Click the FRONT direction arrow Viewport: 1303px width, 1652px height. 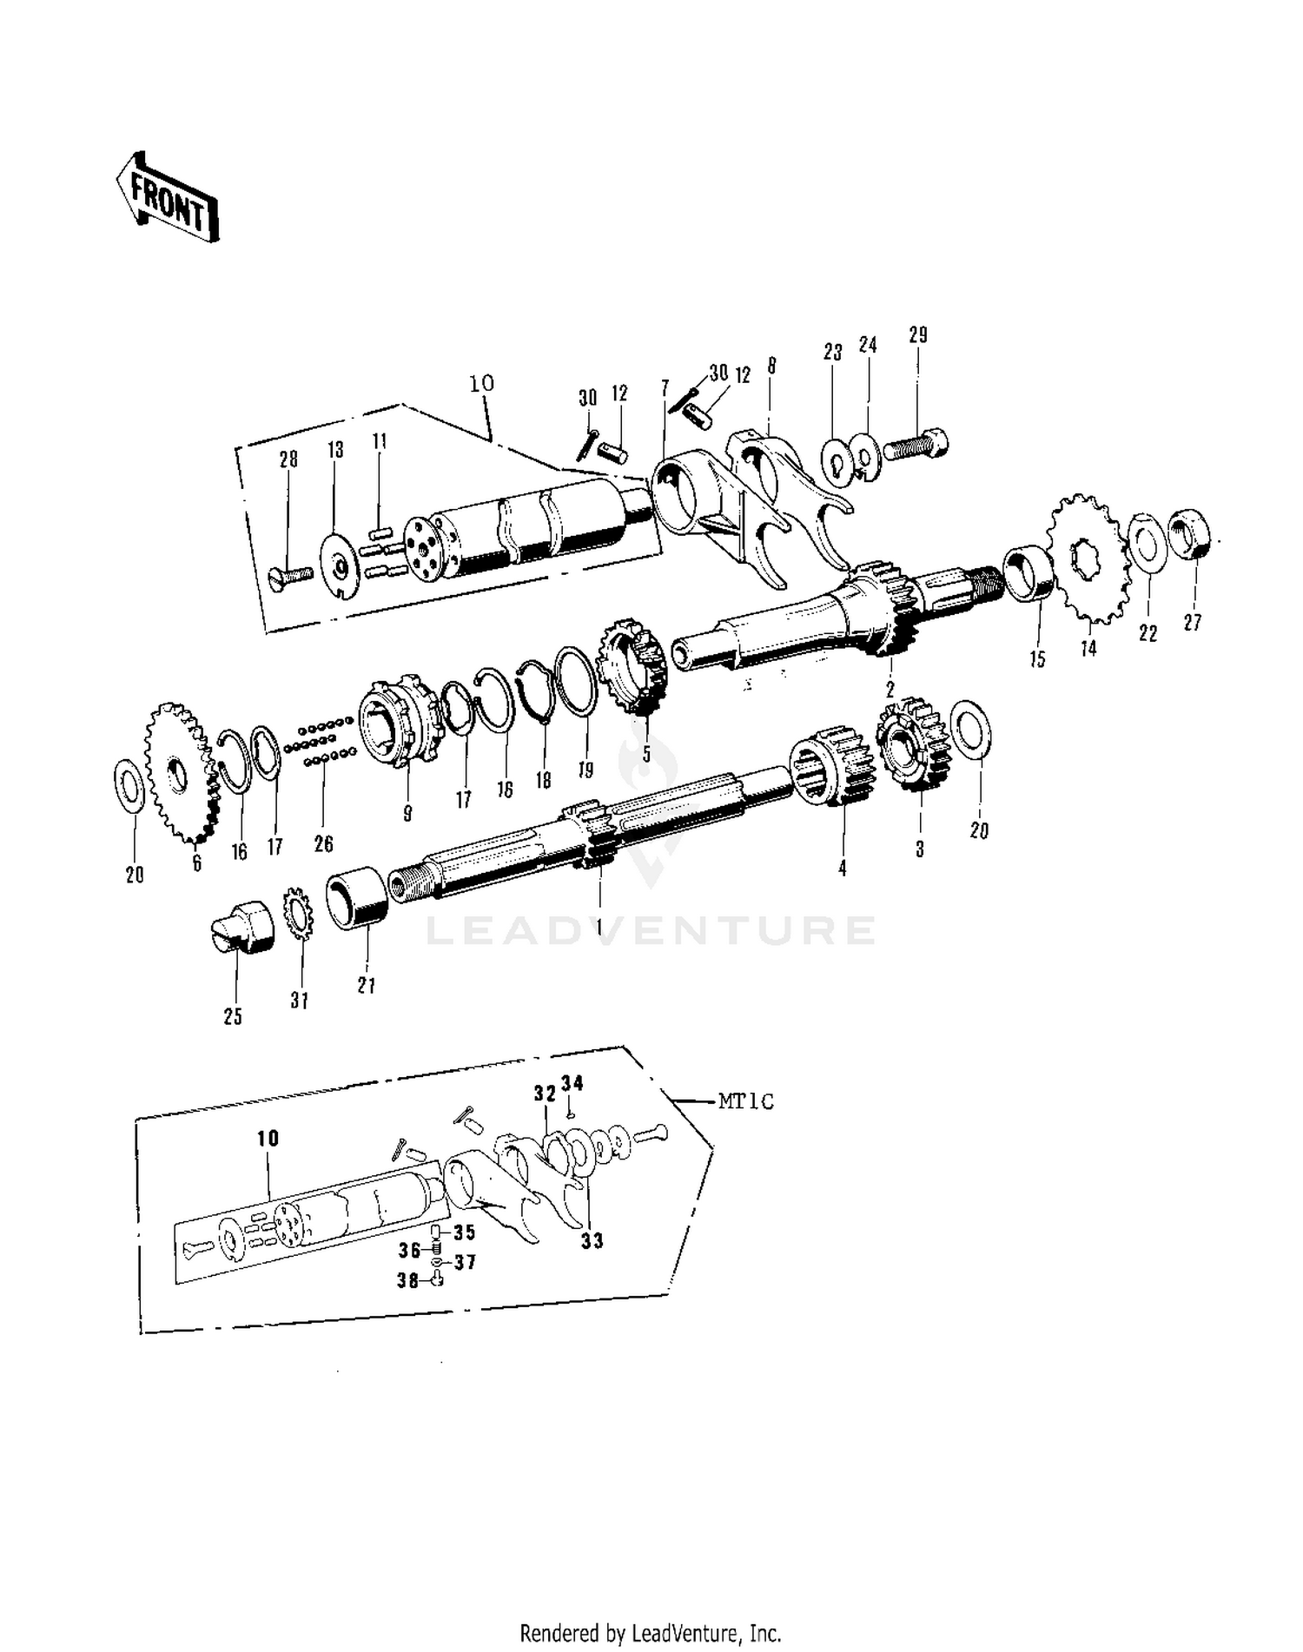(x=167, y=198)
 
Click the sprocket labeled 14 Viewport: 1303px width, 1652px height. (x=1088, y=558)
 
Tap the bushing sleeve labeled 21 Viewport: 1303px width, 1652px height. (x=357, y=899)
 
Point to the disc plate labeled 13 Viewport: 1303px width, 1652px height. (x=341, y=565)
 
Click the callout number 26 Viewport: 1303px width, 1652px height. (x=324, y=843)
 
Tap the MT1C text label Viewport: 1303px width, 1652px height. (x=745, y=1101)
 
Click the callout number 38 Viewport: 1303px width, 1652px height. (x=407, y=1279)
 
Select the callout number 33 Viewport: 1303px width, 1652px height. (x=592, y=1240)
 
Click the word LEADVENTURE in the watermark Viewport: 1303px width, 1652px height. (x=650, y=930)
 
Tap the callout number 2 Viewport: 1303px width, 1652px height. (x=890, y=691)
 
